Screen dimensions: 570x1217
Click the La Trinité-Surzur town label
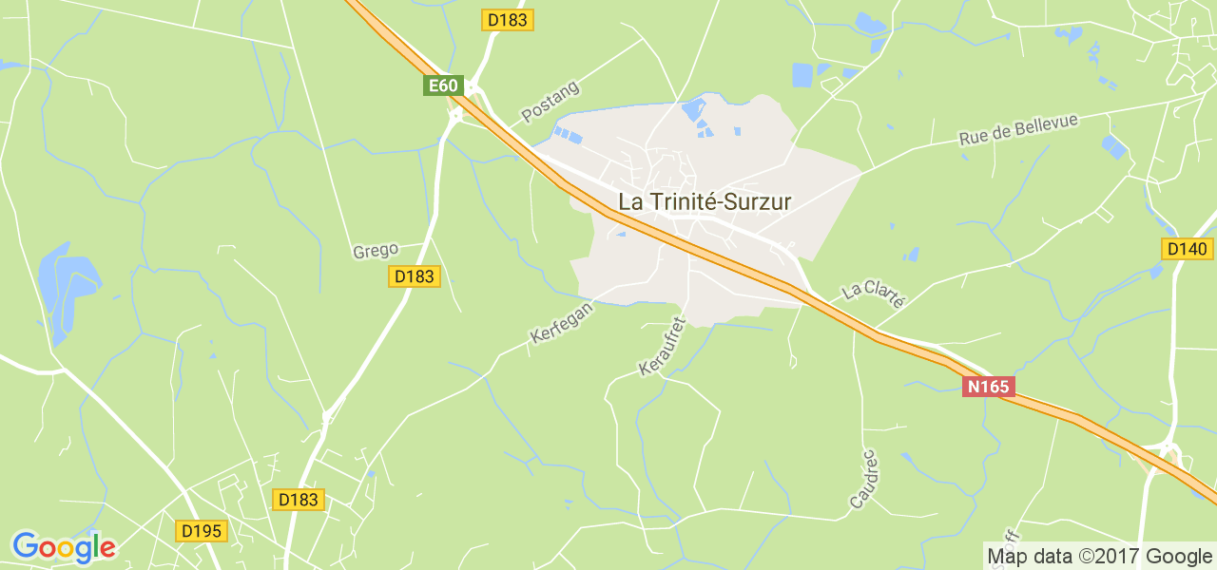[x=705, y=201]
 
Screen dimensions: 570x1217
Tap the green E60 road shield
[x=443, y=85]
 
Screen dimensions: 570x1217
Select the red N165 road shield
[x=989, y=387]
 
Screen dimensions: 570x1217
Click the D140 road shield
[x=1187, y=250]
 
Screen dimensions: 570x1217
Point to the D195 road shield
[x=202, y=531]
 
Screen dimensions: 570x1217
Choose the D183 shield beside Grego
[x=414, y=276]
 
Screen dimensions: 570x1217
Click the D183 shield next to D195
[x=299, y=500]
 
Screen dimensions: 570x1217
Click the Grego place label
[x=375, y=252]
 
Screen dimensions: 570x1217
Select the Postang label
[x=550, y=103]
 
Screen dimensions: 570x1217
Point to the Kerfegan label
[x=561, y=323]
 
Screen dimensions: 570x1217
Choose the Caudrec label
[x=863, y=479]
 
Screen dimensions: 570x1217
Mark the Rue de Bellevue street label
[x=1018, y=130]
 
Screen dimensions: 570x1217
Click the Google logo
[x=63, y=547]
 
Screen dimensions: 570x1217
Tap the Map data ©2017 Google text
[x=1098, y=557]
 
